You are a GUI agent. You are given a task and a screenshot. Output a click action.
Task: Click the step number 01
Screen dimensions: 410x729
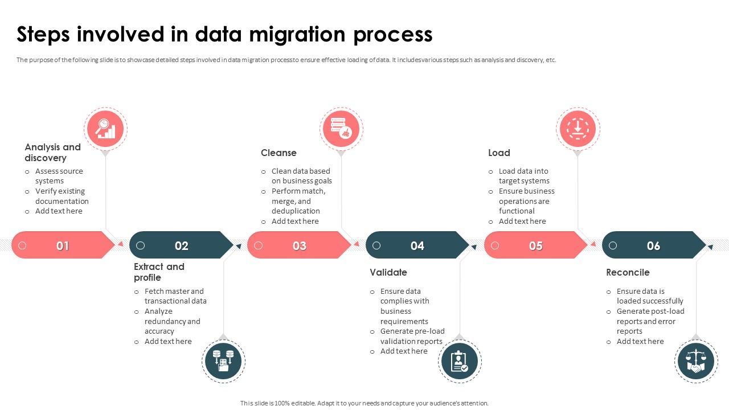[x=63, y=246]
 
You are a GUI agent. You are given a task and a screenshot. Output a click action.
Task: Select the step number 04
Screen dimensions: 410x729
[x=417, y=245]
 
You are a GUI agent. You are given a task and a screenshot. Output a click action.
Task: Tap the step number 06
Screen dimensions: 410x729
[x=653, y=245]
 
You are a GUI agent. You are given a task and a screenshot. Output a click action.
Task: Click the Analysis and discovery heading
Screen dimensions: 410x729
[x=52, y=153]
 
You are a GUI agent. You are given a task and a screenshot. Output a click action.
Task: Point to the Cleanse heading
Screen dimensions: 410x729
[x=279, y=153]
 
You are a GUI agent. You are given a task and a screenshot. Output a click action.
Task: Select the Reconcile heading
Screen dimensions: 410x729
[x=628, y=272]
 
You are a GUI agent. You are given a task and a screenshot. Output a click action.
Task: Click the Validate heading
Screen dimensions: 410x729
[x=388, y=272]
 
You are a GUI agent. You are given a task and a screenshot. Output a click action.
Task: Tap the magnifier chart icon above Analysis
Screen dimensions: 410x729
[x=105, y=129]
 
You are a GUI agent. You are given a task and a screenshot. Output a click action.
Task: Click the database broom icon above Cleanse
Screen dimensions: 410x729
[x=341, y=129]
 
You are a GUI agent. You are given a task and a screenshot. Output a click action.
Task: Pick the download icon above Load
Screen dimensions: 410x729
[x=578, y=129]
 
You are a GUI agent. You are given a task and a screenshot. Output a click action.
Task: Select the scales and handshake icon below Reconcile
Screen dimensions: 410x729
[x=696, y=361]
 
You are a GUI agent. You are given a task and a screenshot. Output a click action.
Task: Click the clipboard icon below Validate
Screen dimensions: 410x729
[x=460, y=361]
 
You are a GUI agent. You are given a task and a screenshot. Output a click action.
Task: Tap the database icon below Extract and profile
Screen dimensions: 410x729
[x=223, y=361]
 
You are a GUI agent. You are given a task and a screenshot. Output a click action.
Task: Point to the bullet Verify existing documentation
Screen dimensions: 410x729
[x=62, y=196]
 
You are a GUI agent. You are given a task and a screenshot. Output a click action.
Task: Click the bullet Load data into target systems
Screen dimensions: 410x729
[x=523, y=176]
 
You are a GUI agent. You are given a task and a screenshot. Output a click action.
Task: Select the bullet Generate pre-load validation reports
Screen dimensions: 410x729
[x=412, y=336]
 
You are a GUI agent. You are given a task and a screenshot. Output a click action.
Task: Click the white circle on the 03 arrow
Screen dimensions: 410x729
[x=259, y=245]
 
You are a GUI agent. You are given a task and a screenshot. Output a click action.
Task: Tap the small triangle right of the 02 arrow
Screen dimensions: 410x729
[x=239, y=246]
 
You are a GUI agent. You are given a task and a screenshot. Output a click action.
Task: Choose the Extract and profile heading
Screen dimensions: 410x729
[x=159, y=272]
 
